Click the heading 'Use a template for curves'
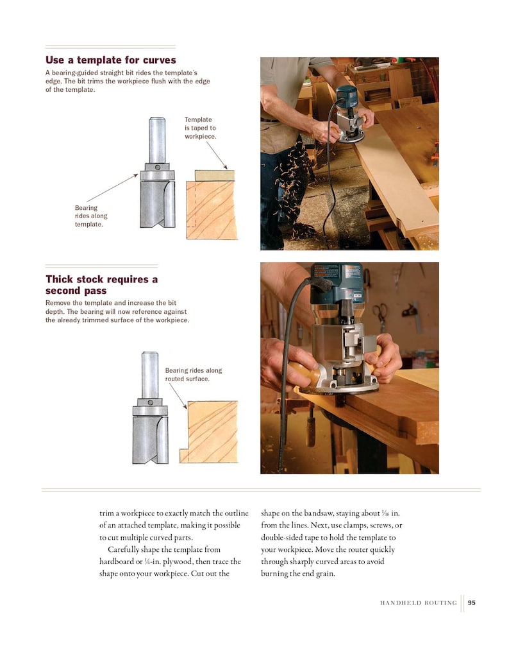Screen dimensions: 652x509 [x=110, y=60]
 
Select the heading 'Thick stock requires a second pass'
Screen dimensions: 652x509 [x=101, y=285]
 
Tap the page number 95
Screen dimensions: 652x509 [x=472, y=603]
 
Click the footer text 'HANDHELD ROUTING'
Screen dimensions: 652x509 [x=418, y=603]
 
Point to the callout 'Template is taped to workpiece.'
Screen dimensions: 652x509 [x=200, y=128]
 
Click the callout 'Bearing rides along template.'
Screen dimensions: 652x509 [x=91, y=216]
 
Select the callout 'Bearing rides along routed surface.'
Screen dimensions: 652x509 [x=194, y=374]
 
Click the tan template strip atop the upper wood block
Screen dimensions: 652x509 [x=215, y=175]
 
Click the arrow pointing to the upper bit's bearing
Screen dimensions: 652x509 [x=112, y=188]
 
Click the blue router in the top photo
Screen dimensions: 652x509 [x=349, y=112]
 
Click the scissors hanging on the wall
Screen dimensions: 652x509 [x=381, y=313]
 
